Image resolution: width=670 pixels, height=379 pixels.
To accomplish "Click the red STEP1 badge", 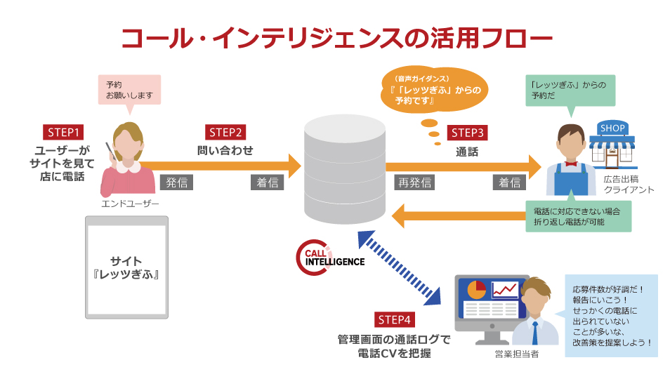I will pyautogui.click(x=64, y=131).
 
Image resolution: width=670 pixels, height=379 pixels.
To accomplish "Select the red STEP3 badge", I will pyautogui.click(x=468, y=133).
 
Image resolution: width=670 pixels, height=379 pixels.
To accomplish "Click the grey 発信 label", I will pyautogui.click(x=176, y=182).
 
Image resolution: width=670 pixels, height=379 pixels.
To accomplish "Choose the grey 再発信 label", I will pyautogui.click(x=415, y=182).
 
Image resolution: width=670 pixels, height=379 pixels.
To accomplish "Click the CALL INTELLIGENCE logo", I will pyautogui.click(x=331, y=258).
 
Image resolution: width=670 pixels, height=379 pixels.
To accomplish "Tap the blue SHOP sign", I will pyautogui.click(x=612, y=128).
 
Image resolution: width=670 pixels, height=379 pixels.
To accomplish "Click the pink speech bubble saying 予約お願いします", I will pyautogui.click(x=129, y=90).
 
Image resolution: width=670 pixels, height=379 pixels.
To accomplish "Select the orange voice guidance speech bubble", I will pyautogui.click(x=431, y=89).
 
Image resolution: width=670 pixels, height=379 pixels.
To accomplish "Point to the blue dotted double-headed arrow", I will pyautogui.click(x=398, y=270).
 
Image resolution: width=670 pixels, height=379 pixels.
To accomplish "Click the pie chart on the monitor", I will pyautogui.click(x=476, y=288).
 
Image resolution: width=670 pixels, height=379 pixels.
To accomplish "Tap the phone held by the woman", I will pyautogui.click(x=110, y=149).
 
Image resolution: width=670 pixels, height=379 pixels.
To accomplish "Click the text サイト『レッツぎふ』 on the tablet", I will pyautogui.click(x=126, y=266).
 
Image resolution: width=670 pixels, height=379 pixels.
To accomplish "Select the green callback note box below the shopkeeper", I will pyautogui.click(x=579, y=216).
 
